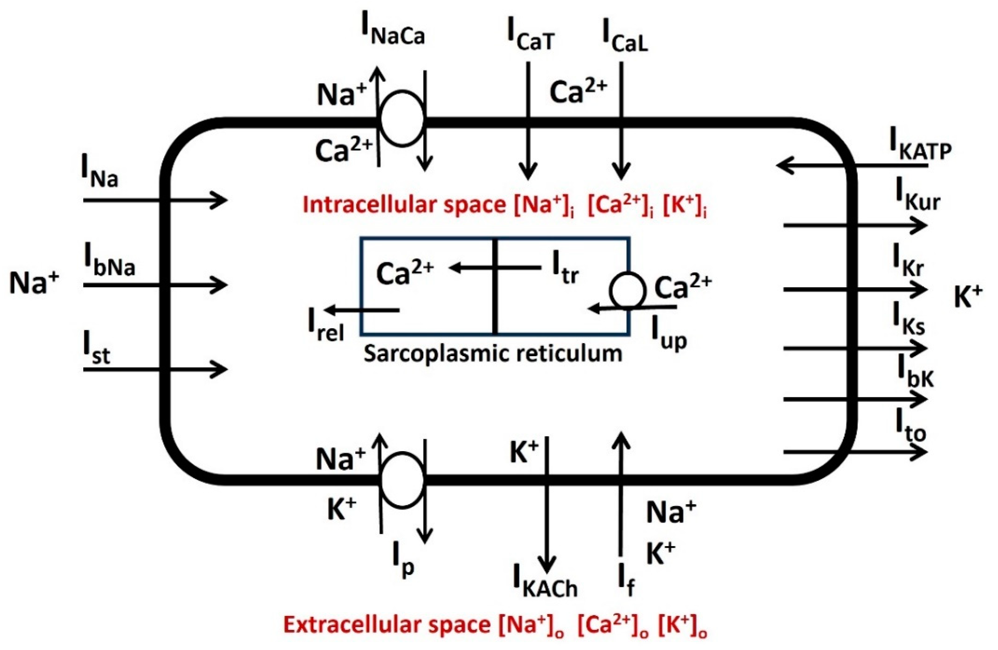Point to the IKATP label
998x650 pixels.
[920, 147]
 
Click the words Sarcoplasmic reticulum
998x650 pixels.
[493, 353]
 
